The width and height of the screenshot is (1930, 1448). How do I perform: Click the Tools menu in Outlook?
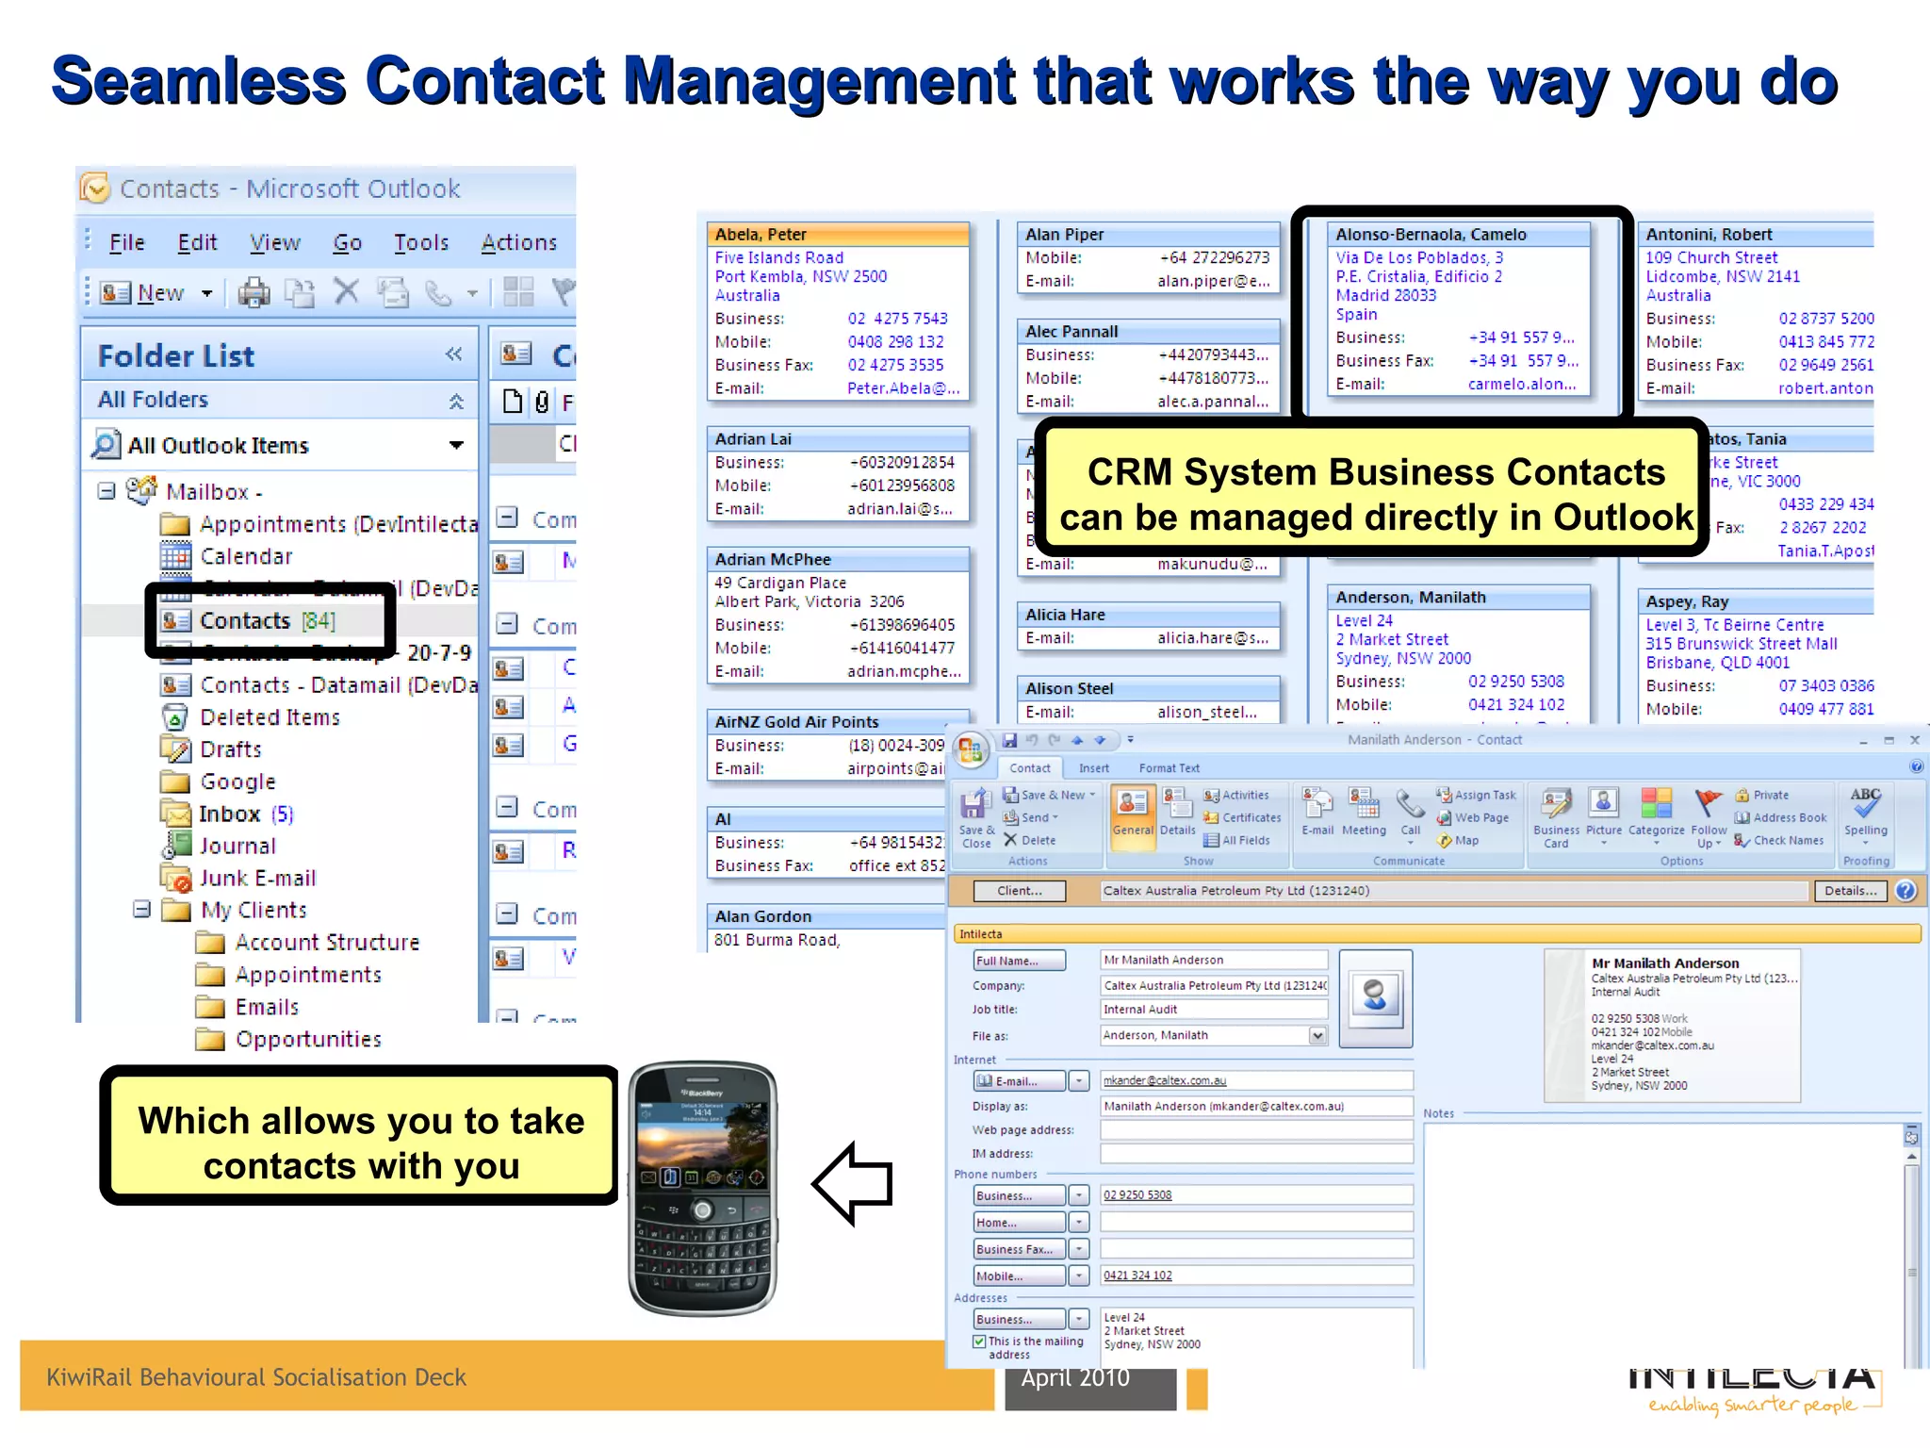pos(420,243)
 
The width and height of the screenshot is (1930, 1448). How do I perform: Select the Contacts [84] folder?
pos(267,620)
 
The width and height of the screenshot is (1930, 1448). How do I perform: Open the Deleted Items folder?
pos(270,717)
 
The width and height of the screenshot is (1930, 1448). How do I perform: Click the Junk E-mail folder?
pos(257,879)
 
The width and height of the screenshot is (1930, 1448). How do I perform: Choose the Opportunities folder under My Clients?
pos(308,1039)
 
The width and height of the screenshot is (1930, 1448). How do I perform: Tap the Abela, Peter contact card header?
pos(838,235)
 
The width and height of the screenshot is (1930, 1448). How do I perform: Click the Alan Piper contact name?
pos(1064,235)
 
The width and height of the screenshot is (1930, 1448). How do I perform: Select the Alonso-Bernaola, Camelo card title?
pos(1431,235)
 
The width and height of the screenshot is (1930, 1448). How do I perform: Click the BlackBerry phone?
pos(703,1188)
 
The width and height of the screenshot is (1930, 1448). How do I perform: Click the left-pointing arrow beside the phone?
pos(853,1183)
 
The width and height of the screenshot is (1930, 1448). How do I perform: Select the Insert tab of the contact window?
pos(1093,768)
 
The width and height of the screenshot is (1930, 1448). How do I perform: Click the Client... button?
pos(1020,891)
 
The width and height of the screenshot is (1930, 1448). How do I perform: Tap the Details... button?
pos(1850,891)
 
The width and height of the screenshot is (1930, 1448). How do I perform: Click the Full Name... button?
pos(1019,961)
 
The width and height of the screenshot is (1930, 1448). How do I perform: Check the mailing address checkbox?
pos(980,1341)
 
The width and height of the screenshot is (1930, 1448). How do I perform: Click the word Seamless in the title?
pos(199,81)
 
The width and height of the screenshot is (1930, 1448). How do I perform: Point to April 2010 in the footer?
pos(1075,1378)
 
